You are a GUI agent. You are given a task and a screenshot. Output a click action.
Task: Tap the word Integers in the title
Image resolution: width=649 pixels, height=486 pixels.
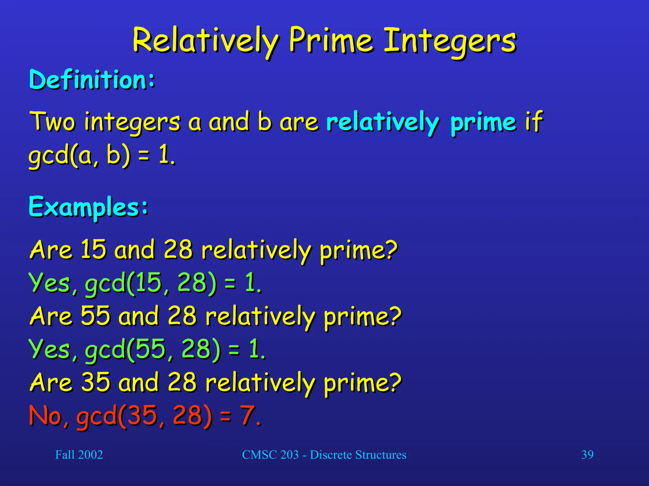[450, 41]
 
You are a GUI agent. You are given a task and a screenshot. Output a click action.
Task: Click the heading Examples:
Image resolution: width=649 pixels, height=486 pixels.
[88, 207]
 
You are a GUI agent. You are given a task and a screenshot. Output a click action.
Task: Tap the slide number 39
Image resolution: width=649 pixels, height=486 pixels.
[587, 455]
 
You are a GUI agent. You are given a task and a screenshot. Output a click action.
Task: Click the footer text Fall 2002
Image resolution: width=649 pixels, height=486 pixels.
[79, 455]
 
